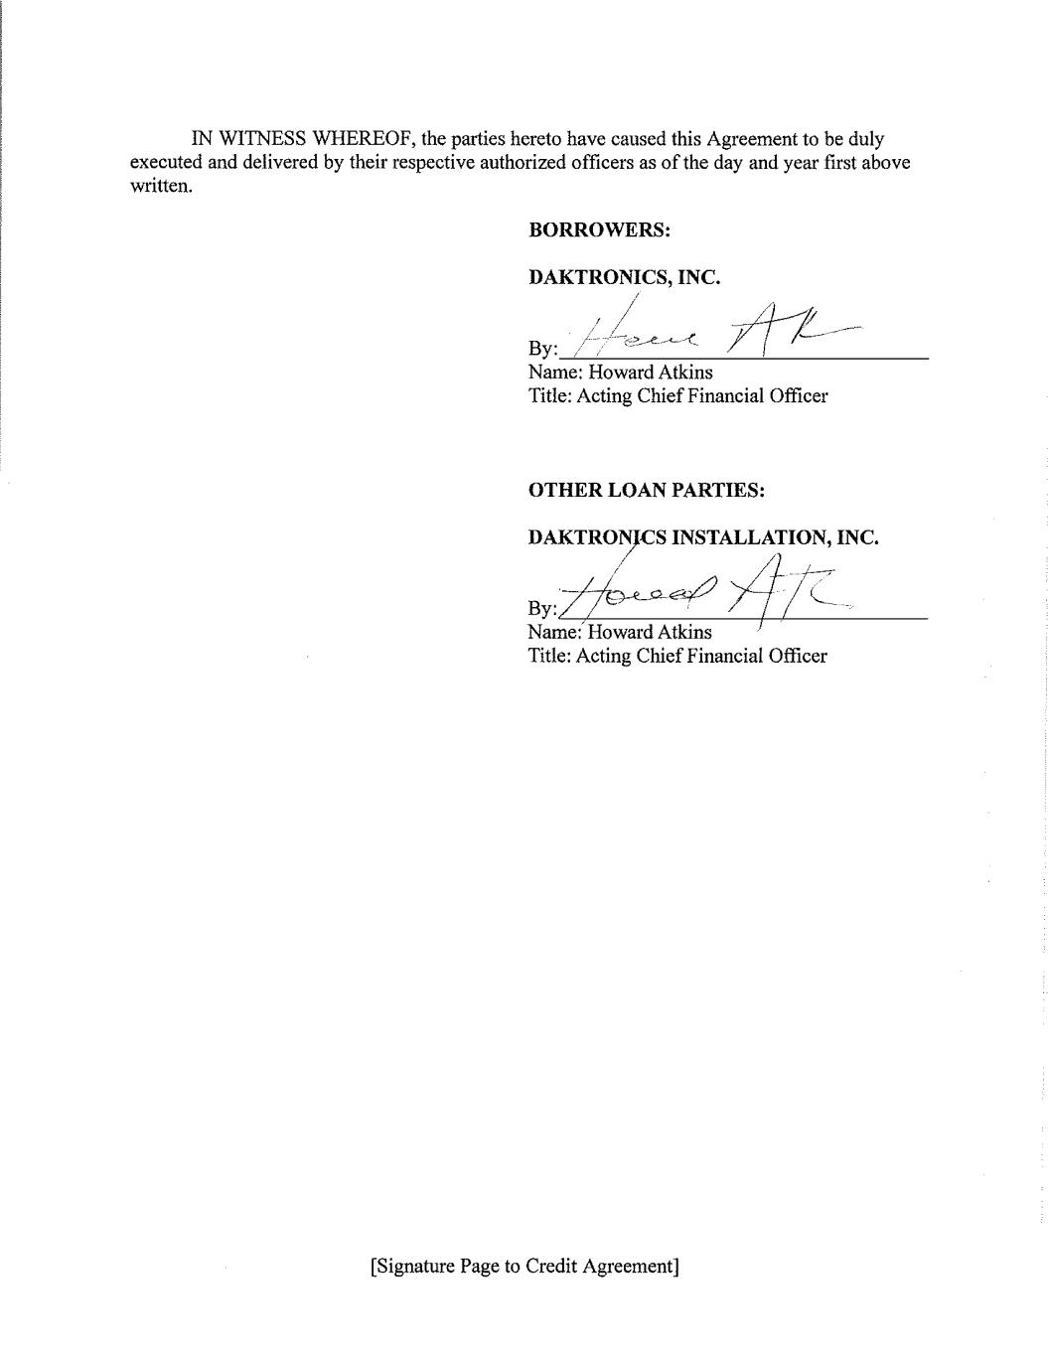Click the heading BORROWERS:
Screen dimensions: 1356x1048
(x=600, y=230)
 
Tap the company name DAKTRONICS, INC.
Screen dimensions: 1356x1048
(x=624, y=278)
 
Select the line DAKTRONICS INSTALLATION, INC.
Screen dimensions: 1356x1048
(x=703, y=538)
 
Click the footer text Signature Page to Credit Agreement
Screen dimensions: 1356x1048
(x=524, y=1267)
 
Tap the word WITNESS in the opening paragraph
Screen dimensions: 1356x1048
(x=262, y=139)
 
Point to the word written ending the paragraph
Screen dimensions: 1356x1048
(x=160, y=187)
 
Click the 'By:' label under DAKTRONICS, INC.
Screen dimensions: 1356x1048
(x=542, y=349)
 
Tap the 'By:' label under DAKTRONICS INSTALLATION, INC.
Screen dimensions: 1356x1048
(x=542, y=608)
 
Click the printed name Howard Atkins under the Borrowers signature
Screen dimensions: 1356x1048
(x=650, y=373)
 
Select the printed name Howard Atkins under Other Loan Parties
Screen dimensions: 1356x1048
(x=650, y=633)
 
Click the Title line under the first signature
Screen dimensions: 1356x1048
(x=677, y=396)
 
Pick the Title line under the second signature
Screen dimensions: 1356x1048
(x=677, y=656)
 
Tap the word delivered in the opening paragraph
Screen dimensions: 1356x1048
(x=280, y=163)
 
